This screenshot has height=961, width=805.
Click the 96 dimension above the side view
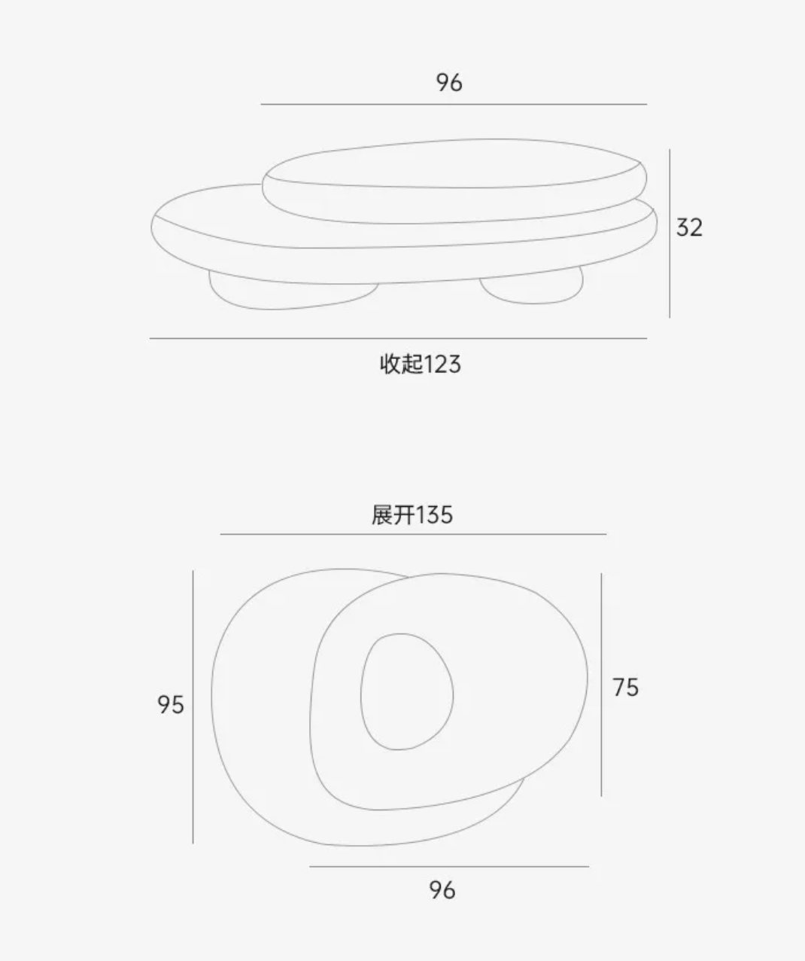click(449, 83)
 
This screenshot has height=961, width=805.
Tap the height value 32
click(689, 227)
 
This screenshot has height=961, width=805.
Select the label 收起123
click(421, 364)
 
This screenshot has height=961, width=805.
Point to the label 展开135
click(412, 514)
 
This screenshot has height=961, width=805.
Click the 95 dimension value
click(171, 705)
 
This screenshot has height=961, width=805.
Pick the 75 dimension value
click(626, 688)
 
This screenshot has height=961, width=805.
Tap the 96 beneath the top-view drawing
click(442, 890)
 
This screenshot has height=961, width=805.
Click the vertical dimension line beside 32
click(670, 233)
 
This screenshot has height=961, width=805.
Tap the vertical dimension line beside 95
click(193, 707)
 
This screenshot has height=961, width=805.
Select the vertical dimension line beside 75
click(601, 685)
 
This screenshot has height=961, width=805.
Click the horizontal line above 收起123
click(398, 338)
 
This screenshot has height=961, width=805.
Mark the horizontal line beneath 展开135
click(413, 535)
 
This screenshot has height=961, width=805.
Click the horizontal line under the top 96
click(454, 105)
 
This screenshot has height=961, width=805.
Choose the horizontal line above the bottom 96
click(449, 867)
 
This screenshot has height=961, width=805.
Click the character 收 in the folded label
click(390, 364)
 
